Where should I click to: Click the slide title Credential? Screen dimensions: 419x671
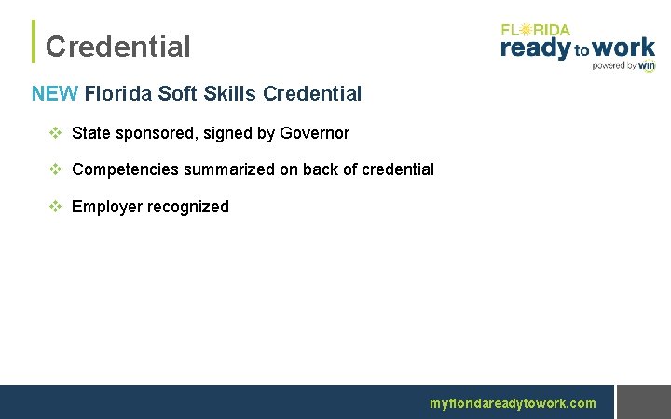coord(117,47)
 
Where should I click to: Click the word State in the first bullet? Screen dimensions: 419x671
coord(91,133)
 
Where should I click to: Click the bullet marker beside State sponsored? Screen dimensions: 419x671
coord(54,133)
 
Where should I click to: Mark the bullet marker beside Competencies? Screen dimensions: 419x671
coord(54,169)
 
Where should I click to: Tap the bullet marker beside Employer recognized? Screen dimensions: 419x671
coord(54,207)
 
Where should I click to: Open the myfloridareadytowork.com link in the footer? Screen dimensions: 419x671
coord(512,403)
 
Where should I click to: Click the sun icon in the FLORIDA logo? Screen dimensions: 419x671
coord(527,30)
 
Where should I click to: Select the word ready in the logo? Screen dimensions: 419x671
coord(535,48)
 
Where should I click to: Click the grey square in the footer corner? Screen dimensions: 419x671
coord(644,402)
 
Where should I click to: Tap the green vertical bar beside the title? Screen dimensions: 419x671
coord(34,42)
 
